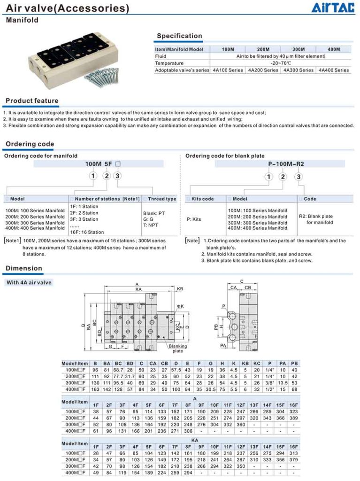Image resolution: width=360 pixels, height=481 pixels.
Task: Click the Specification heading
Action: coord(179,36)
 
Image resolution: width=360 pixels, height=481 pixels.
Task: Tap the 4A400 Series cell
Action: coord(334,70)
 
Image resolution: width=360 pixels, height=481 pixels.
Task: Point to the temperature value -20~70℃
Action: coord(281,63)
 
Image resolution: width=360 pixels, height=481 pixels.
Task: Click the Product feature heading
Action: coord(32,101)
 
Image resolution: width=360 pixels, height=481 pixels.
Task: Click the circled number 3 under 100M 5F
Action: coord(118,176)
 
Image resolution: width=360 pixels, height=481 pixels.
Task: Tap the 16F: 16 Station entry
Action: coord(87,232)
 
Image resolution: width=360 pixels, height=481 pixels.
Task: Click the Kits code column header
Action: coord(203,199)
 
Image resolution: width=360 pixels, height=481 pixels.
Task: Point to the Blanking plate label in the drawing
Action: coord(178,349)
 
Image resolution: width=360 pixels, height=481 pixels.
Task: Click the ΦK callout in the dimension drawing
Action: coord(180,306)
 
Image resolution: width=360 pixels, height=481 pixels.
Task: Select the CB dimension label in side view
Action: coord(247,287)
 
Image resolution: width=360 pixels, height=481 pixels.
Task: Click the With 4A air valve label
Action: coord(29,283)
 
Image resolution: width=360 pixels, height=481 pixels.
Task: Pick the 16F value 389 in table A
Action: coord(293,418)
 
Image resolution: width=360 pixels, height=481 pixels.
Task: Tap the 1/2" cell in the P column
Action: coord(269,389)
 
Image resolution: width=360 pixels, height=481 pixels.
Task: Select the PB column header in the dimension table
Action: coord(294,364)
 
